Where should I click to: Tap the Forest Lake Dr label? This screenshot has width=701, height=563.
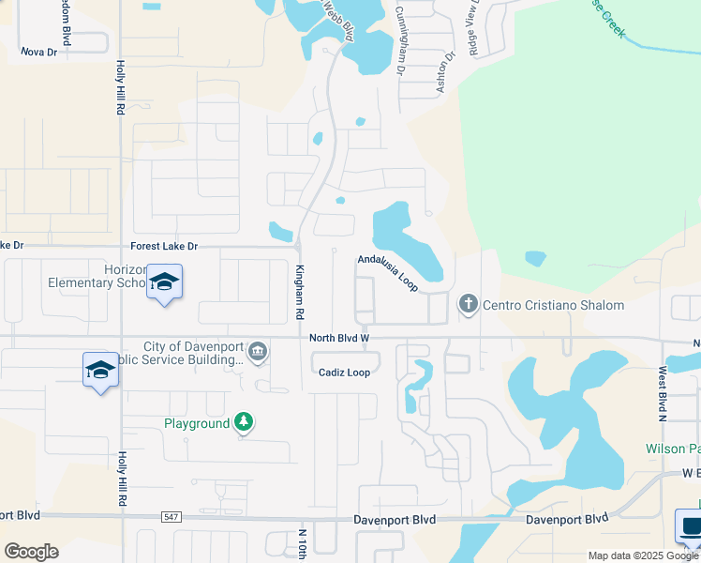[164, 246]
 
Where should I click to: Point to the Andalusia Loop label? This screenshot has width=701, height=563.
[387, 270]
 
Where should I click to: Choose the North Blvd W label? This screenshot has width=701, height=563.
[340, 338]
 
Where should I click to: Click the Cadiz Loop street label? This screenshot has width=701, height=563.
[344, 373]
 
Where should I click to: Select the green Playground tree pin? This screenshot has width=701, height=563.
[244, 422]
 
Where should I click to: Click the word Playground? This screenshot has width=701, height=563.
[197, 423]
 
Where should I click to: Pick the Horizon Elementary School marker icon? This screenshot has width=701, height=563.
[164, 282]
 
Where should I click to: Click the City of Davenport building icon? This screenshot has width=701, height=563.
[259, 353]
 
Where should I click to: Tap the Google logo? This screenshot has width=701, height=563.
[31, 552]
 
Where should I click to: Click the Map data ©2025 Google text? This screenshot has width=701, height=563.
[643, 555]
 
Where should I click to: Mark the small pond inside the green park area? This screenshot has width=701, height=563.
[535, 258]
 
